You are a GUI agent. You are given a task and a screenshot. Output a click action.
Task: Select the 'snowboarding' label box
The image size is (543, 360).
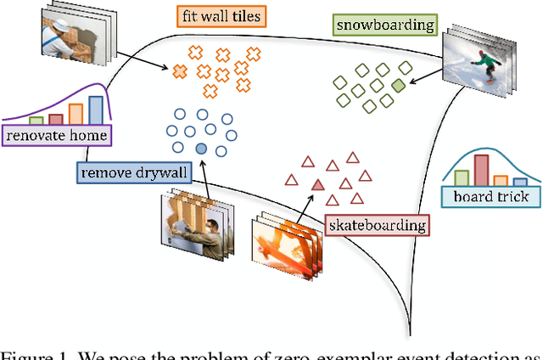pyautogui.click(x=384, y=25)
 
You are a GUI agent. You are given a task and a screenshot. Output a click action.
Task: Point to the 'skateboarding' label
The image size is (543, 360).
pyautogui.click(x=376, y=225)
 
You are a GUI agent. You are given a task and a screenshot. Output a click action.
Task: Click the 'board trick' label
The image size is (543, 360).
pyautogui.click(x=491, y=196)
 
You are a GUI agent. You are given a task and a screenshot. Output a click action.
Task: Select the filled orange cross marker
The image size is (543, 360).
pyautogui.click(x=180, y=72)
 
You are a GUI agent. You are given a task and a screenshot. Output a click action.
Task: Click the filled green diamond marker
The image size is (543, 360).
pyautogui.click(x=399, y=84)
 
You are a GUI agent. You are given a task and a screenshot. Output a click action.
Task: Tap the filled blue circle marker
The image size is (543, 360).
pyautogui.click(x=201, y=149)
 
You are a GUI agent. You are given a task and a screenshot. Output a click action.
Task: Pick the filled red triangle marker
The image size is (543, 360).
pyautogui.click(x=317, y=183)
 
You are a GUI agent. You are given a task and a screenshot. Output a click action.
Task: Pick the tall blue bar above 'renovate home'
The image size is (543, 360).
pyautogui.click(x=96, y=110)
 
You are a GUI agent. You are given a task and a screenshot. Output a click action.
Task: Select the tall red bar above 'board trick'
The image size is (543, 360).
pyautogui.click(x=481, y=169)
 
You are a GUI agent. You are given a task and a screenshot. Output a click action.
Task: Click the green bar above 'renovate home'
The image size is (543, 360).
pyautogui.click(x=36, y=121)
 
